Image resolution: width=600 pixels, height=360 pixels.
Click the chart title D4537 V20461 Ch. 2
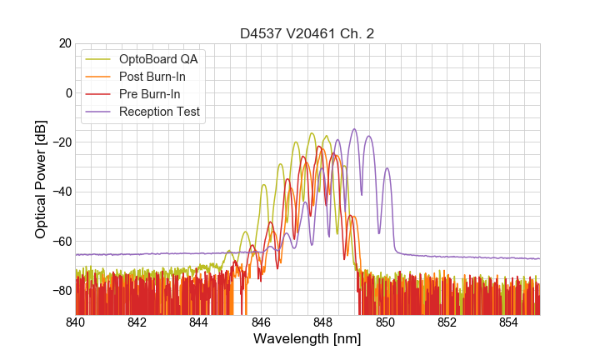tap(307, 33)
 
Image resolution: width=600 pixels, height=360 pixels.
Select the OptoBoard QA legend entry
tap(158, 59)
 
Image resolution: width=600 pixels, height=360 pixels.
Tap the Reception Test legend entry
tap(159, 112)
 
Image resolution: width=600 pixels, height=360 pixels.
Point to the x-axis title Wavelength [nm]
tap(307, 340)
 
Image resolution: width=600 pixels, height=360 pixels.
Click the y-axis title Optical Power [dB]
tap(41, 179)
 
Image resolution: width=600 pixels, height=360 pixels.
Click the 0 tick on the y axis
tap(67, 92)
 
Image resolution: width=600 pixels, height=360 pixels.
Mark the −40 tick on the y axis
tap(61, 192)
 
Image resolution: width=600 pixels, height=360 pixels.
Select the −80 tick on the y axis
tap(61, 291)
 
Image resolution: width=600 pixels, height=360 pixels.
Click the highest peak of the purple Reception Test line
tap(354, 129)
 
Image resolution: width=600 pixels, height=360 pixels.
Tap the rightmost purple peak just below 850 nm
tap(387, 168)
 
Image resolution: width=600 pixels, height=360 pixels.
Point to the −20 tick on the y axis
tap(61, 142)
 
